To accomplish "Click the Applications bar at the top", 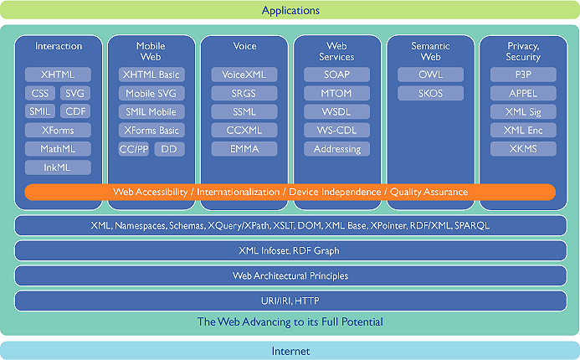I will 290,11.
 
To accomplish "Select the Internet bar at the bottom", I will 290,351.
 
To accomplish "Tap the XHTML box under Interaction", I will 58,75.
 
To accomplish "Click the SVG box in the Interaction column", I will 74,93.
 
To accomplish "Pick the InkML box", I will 58,167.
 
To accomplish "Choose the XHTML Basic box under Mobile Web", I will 151,75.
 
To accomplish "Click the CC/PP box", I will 134,149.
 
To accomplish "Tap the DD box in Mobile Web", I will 169,149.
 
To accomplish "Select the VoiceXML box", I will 244,75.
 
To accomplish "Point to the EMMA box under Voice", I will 244,149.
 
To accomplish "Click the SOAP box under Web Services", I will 336,75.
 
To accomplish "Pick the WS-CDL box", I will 336,131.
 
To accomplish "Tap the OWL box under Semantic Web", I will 430,75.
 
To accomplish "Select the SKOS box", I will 430,93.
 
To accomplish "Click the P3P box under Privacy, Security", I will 523,75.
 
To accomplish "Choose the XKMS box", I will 523,149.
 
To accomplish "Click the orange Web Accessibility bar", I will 290,193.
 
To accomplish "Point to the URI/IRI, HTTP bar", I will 290,301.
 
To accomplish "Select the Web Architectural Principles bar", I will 290,275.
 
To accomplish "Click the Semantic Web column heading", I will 430,51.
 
